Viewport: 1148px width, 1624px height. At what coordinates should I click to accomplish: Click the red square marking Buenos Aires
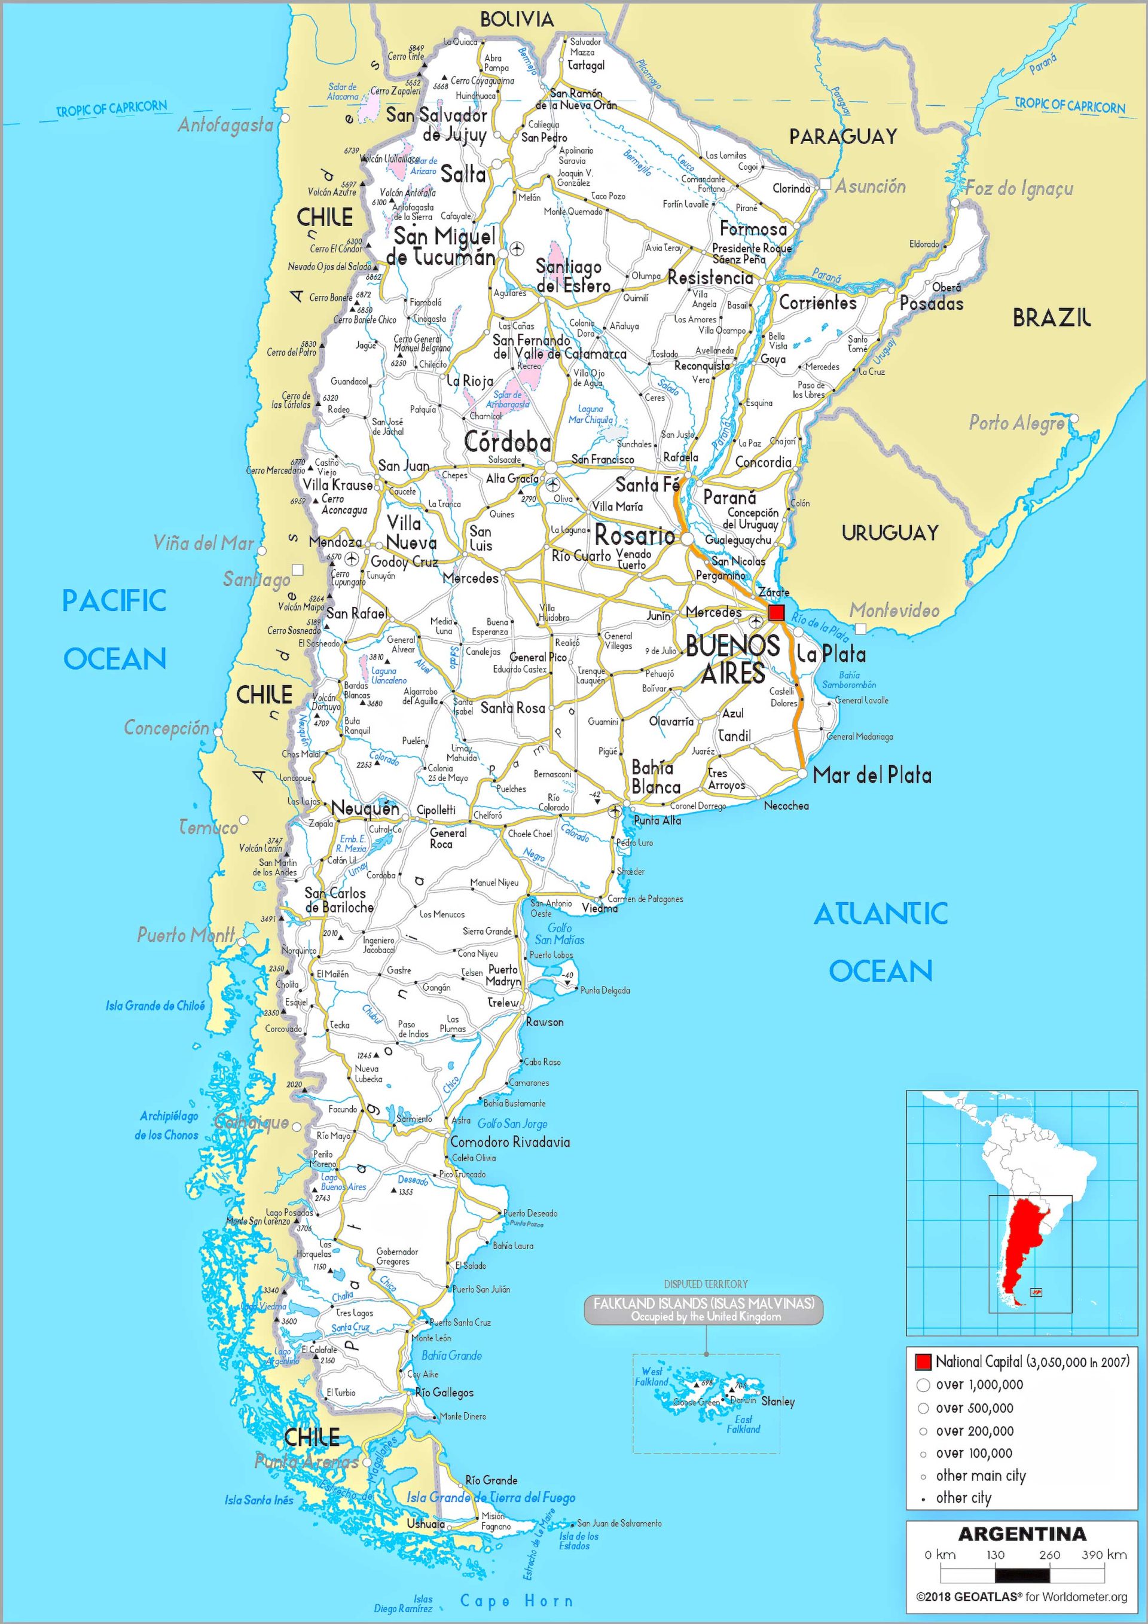(x=777, y=612)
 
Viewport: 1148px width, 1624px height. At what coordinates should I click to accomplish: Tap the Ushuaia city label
(x=425, y=1523)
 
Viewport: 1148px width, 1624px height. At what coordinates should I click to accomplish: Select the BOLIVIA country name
(x=517, y=20)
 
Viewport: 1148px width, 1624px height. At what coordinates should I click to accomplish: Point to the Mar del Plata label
(x=871, y=775)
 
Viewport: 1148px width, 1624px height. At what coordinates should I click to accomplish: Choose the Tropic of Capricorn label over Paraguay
(x=1070, y=105)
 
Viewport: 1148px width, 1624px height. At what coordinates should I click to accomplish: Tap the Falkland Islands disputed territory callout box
(x=703, y=1309)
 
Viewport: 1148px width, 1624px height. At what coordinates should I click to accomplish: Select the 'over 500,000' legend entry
(x=974, y=1408)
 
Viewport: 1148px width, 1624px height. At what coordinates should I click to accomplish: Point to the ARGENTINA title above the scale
(x=1021, y=1534)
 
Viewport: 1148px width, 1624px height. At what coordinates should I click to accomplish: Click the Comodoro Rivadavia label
(x=509, y=1142)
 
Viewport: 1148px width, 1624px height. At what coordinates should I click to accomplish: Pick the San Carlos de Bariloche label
(x=339, y=900)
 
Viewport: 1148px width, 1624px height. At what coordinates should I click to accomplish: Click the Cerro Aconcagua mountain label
(x=344, y=504)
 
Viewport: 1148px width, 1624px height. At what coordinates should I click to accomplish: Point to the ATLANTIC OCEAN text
(x=880, y=942)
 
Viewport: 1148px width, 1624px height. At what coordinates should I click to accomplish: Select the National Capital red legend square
(x=923, y=1362)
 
